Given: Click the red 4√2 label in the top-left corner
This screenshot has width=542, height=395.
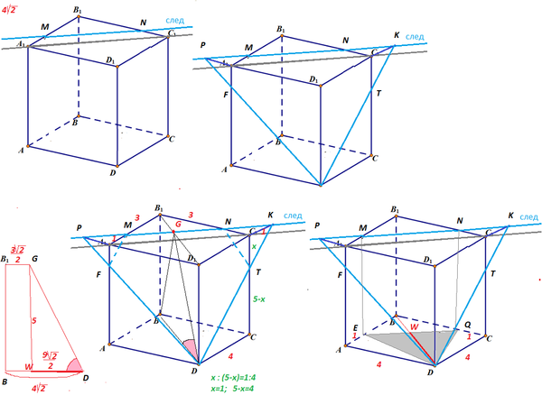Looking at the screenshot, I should (x=14, y=11).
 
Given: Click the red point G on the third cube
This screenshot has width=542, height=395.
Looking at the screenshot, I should (x=177, y=221).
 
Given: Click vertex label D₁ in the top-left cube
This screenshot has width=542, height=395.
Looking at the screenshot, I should (x=110, y=61).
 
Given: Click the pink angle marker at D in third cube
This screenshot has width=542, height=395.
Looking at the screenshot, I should (x=190, y=348).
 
